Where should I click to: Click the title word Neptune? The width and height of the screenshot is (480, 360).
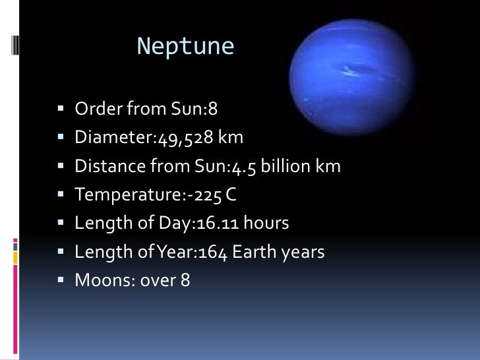click(x=185, y=46)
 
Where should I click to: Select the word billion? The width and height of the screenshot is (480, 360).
click(x=287, y=165)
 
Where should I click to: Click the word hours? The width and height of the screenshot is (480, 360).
click(x=266, y=223)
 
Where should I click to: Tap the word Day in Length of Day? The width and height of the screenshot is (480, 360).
click(x=169, y=223)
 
